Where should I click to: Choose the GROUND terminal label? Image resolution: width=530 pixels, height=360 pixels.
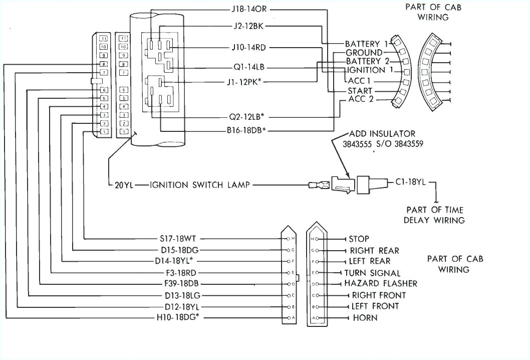(364, 53)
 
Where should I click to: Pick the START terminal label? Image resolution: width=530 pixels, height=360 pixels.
(360, 91)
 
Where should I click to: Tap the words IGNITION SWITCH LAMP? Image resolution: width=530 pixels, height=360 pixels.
(200, 185)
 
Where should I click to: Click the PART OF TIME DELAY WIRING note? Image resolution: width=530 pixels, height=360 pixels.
(435, 215)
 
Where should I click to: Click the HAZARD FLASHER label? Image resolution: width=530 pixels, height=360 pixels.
(380, 284)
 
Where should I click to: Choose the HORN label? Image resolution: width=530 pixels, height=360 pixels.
(365, 318)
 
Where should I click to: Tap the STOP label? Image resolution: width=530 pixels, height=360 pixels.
(359, 239)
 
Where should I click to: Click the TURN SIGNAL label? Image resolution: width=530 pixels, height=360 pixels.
(372, 273)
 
